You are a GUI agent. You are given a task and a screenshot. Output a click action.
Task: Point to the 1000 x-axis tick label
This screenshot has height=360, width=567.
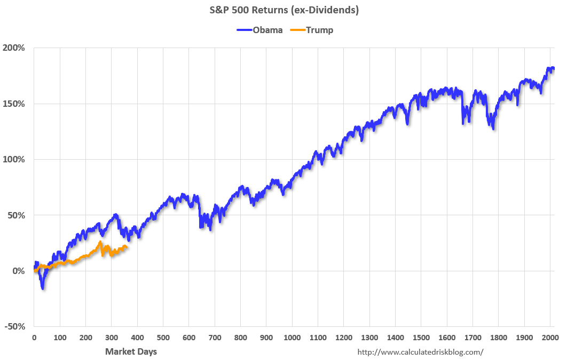(x=292, y=338)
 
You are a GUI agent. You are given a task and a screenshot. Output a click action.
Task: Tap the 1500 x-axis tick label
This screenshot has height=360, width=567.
(x=421, y=338)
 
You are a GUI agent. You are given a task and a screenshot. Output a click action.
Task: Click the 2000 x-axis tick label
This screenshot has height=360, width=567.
(x=549, y=338)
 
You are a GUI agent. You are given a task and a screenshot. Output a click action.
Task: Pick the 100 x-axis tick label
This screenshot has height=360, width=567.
(x=60, y=338)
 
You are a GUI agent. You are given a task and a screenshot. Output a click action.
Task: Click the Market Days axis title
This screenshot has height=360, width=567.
(x=131, y=351)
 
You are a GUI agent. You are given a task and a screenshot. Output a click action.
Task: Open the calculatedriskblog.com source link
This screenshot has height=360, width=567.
(x=420, y=352)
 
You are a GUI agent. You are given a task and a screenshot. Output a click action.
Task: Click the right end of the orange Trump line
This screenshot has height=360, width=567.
(x=127, y=246)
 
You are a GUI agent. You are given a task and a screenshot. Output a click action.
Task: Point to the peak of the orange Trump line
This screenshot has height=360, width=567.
(x=100, y=242)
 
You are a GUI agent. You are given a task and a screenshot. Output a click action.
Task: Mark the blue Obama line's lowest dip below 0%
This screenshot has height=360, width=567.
(x=43, y=288)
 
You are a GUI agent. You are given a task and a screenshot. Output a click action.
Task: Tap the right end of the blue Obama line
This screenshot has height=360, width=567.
(x=553, y=68)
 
